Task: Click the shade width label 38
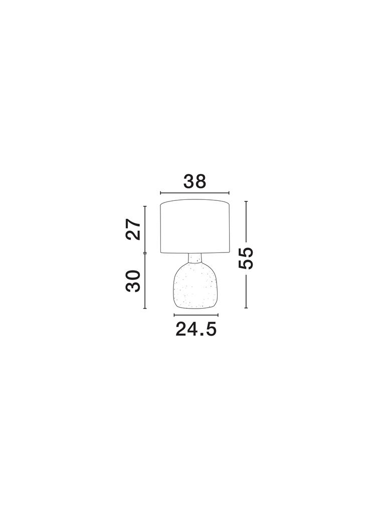195,181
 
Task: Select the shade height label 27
133,229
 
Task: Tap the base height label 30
133,281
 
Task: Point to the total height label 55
246,258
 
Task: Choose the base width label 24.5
196,329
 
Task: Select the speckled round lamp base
195,286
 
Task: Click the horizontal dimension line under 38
195,193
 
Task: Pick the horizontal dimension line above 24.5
196,315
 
